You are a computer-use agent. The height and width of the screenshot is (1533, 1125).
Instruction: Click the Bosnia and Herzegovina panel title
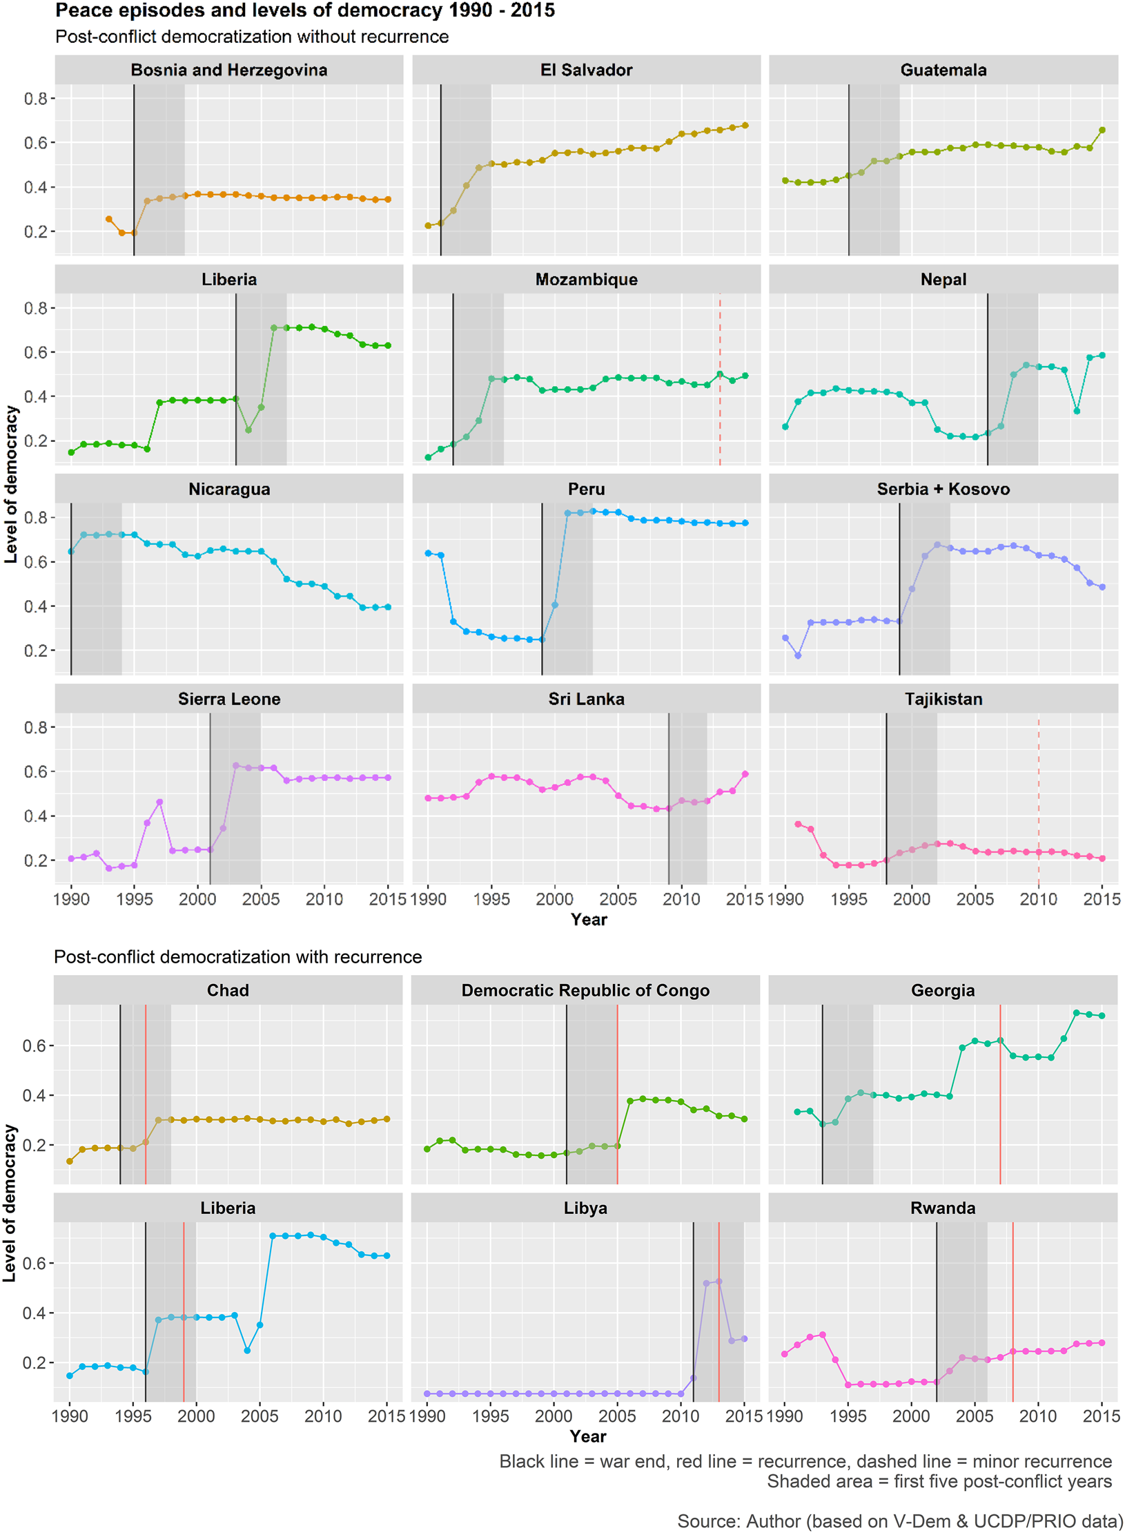pos(228,70)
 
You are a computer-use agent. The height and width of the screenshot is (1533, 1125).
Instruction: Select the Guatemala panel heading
pos(943,70)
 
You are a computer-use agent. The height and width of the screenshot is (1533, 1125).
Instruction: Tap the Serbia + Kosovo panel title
pos(943,489)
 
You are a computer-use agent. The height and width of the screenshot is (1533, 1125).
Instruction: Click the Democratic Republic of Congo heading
pos(585,990)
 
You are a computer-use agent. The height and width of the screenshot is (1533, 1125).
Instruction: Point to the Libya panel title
pos(585,1208)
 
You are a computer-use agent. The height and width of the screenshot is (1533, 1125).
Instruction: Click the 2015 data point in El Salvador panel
pos(745,126)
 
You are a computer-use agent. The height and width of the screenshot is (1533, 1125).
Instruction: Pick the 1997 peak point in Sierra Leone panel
pos(159,802)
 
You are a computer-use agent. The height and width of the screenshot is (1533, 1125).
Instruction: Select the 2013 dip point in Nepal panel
pos(1077,411)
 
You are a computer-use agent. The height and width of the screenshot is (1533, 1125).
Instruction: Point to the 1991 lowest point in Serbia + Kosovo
pos(798,655)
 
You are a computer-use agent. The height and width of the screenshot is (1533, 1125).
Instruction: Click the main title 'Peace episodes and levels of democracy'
pos(304,11)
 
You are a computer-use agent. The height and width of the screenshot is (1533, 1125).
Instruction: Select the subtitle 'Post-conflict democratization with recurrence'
pos(237,956)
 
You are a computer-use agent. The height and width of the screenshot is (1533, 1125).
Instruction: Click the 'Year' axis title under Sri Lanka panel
pos(588,919)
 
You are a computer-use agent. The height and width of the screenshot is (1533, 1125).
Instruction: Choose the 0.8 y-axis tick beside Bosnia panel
pos(35,99)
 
